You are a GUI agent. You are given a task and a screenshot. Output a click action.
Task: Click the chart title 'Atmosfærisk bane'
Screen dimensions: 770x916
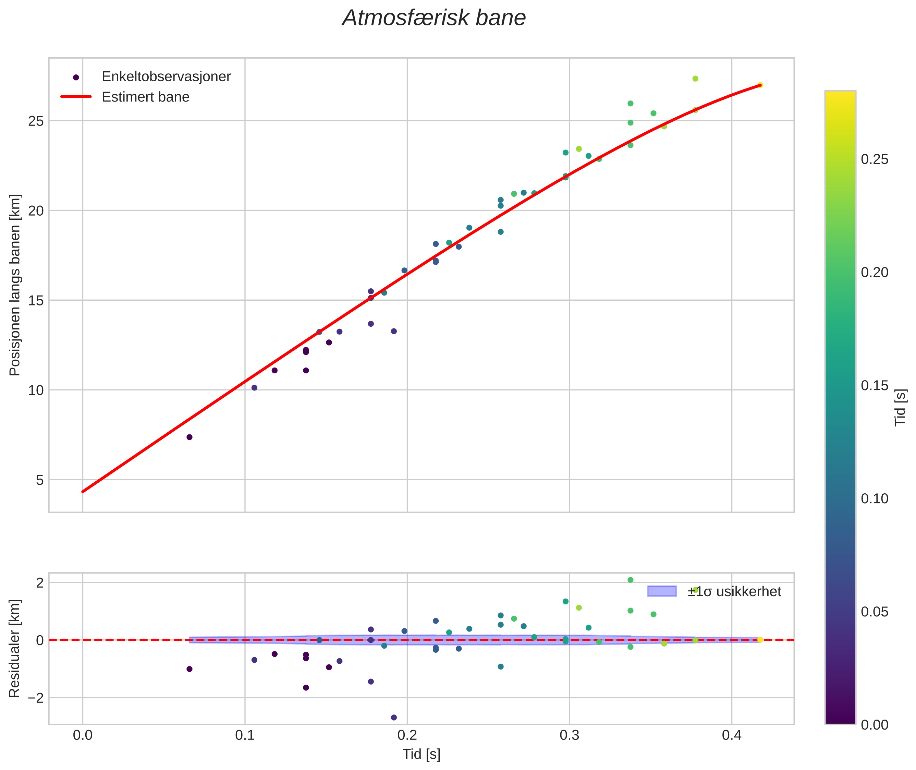point(434,18)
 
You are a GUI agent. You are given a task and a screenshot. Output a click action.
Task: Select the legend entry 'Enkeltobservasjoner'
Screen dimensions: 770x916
point(166,77)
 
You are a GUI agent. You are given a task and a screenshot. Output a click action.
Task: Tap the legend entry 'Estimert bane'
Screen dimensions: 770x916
point(145,97)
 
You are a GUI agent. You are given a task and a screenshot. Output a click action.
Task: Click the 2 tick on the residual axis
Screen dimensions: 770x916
point(40,583)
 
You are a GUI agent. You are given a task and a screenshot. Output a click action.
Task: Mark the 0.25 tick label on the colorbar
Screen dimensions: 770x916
point(874,159)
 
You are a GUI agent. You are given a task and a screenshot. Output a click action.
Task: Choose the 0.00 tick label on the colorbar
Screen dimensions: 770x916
point(874,725)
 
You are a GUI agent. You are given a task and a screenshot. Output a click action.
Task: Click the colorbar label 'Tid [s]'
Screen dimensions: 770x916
point(901,407)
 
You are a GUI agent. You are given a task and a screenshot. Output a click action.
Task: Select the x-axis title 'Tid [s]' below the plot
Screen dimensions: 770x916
point(421,754)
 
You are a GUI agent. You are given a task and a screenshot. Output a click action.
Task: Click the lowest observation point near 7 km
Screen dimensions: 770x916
point(190,437)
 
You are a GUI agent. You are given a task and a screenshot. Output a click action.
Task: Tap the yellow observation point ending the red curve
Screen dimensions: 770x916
point(760,85)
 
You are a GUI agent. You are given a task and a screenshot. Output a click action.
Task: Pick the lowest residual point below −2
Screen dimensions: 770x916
point(394,718)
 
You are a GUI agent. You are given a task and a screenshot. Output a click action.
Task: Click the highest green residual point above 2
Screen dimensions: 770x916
point(630,580)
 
